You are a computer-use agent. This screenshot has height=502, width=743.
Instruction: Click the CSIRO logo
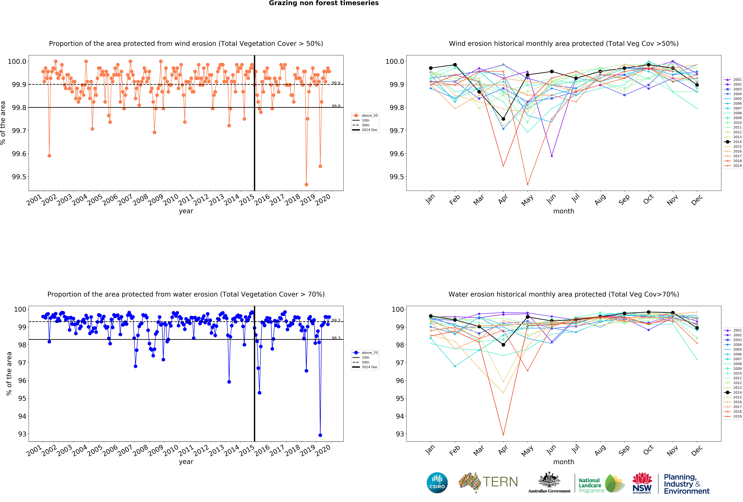pyautogui.click(x=437, y=483)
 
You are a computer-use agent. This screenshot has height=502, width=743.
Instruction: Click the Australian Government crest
pyautogui.click(x=549, y=480)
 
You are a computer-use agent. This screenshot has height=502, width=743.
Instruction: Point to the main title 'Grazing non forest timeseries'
pyautogui.click(x=324, y=3)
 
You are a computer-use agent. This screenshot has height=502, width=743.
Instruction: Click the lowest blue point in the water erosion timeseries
pyautogui.click(x=320, y=435)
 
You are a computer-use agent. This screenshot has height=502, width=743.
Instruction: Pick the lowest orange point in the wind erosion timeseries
pyautogui.click(x=306, y=184)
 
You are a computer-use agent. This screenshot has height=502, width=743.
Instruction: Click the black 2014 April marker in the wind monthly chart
pyautogui.click(x=503, y=119)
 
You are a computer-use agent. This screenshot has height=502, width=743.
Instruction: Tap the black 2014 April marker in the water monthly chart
pyautogui.click(x=503, y=345)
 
